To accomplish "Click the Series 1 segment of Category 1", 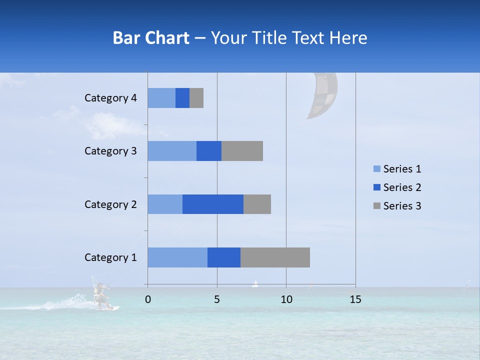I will (177, 257).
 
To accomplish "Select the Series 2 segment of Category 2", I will (212, 204).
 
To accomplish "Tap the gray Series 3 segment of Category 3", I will (242, 151).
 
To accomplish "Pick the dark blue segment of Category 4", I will (182, 98).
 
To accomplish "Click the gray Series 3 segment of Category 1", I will (275, 257).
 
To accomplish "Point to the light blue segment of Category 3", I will (171, 151).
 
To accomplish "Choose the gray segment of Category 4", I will (196, 98).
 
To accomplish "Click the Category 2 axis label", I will (110, 204).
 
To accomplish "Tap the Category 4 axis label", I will (110, 98).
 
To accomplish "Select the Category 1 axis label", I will (110, 257).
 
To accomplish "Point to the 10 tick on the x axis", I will (286, 299).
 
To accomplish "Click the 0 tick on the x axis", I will (147, 299).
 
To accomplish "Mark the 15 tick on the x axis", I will (355, 299).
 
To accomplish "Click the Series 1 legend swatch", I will (376, 169).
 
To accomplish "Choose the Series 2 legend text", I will (402, 187).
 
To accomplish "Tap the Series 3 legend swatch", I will (376, 206).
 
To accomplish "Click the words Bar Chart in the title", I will (151, 38).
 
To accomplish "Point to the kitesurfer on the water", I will (101, 295).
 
